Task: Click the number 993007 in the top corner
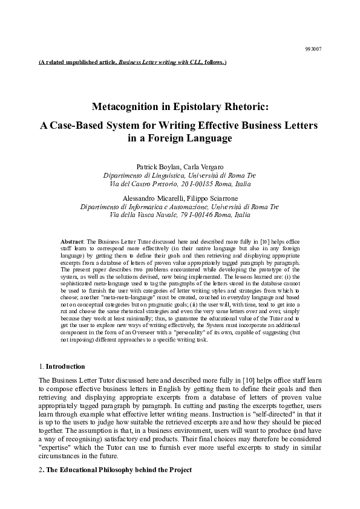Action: point(313,48)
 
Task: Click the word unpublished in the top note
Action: point(90,62)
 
